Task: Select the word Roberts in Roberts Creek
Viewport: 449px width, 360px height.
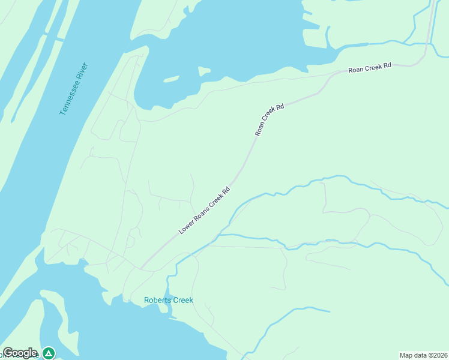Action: click(x=157, y=300)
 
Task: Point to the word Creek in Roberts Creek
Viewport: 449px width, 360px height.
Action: click(x=182, y=300)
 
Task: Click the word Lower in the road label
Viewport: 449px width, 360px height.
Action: click(x=186, y=227)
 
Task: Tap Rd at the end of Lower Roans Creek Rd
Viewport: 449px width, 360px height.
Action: click(x=226, y=191)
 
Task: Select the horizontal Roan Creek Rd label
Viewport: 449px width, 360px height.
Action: click(x=370, y=68)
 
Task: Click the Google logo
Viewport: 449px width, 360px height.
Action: click(x=20, y=353)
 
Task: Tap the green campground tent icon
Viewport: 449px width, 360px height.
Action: click(x=49, y=353)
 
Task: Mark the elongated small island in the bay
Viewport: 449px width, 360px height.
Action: click(x=171, y=79)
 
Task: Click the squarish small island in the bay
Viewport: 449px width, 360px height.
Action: click(x=204, y=71)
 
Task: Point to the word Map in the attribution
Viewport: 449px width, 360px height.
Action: click(x=407, y=355)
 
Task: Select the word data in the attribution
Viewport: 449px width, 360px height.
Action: click(x=421, y=355)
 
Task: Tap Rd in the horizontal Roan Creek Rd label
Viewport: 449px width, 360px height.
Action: click(x=387, y=65)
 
